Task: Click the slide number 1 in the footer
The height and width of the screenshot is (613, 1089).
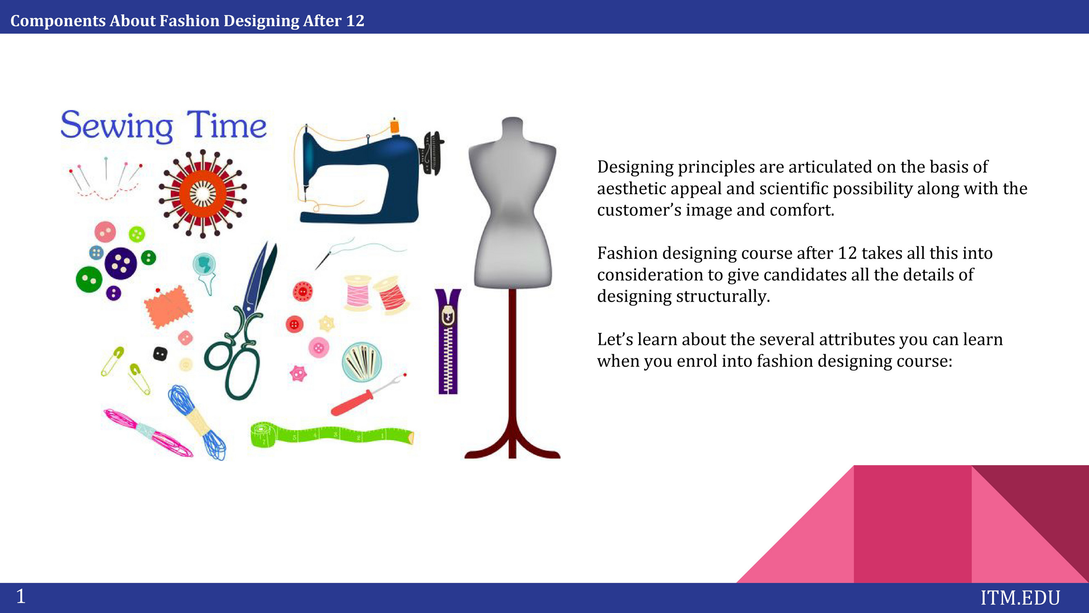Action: pyautogui.click(x=21, y=596)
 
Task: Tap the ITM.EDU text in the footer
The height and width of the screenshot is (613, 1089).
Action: pyautogui.click(x=1020, y=598)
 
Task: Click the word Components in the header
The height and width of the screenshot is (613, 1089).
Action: pyautogui.click(x=58, y=21)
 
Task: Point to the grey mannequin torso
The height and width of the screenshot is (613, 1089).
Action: pyautogui.click(x=512, y=203)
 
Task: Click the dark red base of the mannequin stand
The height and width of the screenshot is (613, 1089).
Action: pyautogui.click(x=512, y=444)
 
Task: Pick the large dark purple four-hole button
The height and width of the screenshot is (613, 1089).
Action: pyautogui.click(x=120, y=263)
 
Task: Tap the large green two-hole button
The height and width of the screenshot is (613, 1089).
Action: pyautogui.click(x=89, y=279)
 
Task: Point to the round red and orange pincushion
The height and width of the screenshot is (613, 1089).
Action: pyautogui.click(x=203, y=193)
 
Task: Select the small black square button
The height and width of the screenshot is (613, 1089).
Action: pyautogui.click(x=160, y=353)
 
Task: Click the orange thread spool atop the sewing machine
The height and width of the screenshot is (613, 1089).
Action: pyautogui.click(x=395, y=127)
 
